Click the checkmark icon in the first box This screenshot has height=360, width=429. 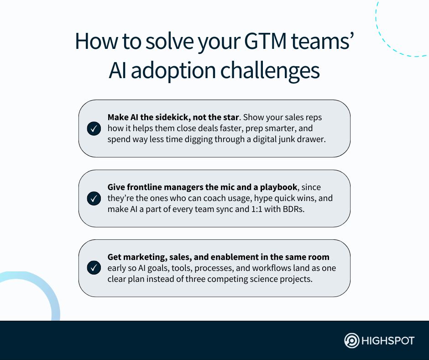point(94,129)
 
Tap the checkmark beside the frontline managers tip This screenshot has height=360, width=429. point(94,199)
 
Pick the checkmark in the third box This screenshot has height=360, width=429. point(94,268)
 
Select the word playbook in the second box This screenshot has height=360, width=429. point(277,187)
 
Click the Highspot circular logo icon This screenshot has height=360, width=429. point(351,341)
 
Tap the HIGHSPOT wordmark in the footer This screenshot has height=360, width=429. point(388,341)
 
